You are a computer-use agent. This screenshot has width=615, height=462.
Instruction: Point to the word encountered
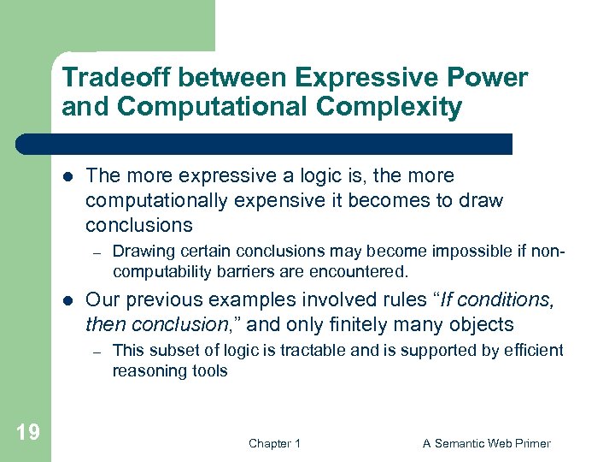(x=362, y=272)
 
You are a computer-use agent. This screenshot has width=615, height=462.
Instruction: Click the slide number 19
(x=27, y=431)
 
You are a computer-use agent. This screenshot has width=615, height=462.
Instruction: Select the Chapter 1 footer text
(x=274, y=443)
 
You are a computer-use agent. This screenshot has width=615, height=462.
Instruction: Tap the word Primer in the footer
(x=530, y=443)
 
